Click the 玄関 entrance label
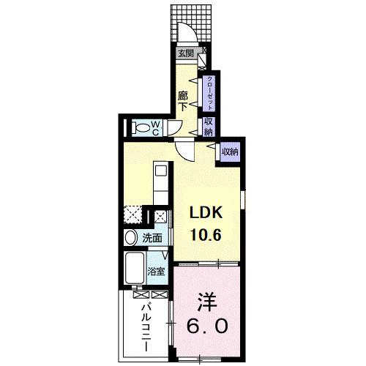pyautogui.click(x=185, y=53)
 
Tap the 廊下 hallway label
pyautogui.click(x=184, y=100)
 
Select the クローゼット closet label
pyautogui.click(x=210, y=93)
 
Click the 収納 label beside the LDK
pyautogui.click(x=230, y=152)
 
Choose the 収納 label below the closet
pyautogui.click(x=209, y=126)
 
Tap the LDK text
pyautogui.click(x=206, y=212)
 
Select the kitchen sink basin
pyautogui.click(x=161, y=171)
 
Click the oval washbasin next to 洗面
pyautogui.click(x=130, y=238)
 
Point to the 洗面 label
pyautogui.click(x=152, y=238)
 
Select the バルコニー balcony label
pyautogui.click(x=146, y=321)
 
